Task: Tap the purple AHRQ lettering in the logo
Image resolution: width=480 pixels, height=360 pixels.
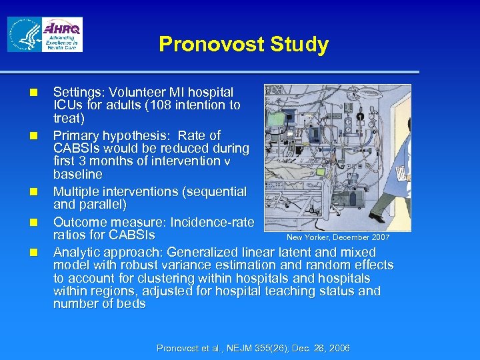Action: click(x=63, y=29)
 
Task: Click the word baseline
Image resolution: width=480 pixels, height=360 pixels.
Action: click(x=78, y=174)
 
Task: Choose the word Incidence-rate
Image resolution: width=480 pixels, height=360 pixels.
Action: click(x=212, y=222)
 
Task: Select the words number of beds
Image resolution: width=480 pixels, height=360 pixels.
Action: click(x=99, y=304)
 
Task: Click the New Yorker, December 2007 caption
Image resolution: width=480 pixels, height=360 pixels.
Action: click(x=338, y=237)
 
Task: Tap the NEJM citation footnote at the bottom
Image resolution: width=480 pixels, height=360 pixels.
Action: click(x=253, y=348)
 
